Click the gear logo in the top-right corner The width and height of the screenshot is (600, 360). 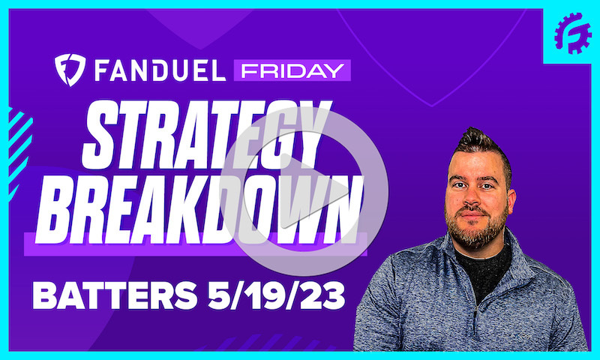pyautogui.click(x=572, y=32)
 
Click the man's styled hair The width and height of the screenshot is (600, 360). pyautogui.click(x=480, y=142)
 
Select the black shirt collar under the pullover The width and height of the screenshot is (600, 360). pyautogui.click(x=480, y=259)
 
